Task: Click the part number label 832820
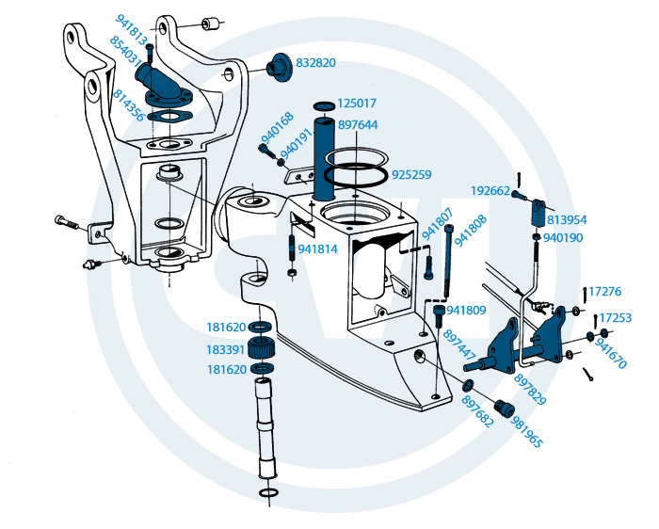315,63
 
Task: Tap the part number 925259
411,175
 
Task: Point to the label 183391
226,349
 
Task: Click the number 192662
490,191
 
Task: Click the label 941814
317,249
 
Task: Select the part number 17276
611,292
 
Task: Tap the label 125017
358,103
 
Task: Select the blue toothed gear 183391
263,349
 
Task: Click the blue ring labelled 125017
323,104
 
